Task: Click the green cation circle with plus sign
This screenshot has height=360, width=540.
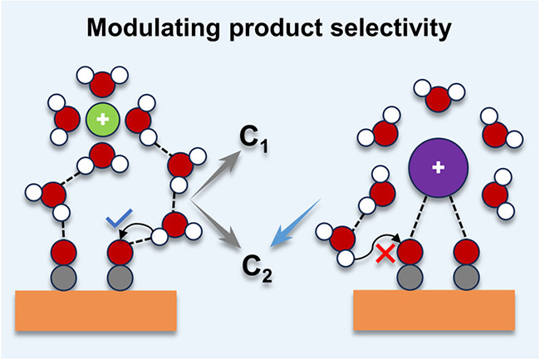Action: pos(102,121)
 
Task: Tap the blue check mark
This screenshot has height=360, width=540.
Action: pos(120,221)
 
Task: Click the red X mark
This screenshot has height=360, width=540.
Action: pos(385,252)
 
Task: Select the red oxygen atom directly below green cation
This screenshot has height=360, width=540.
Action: pos(102,155)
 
